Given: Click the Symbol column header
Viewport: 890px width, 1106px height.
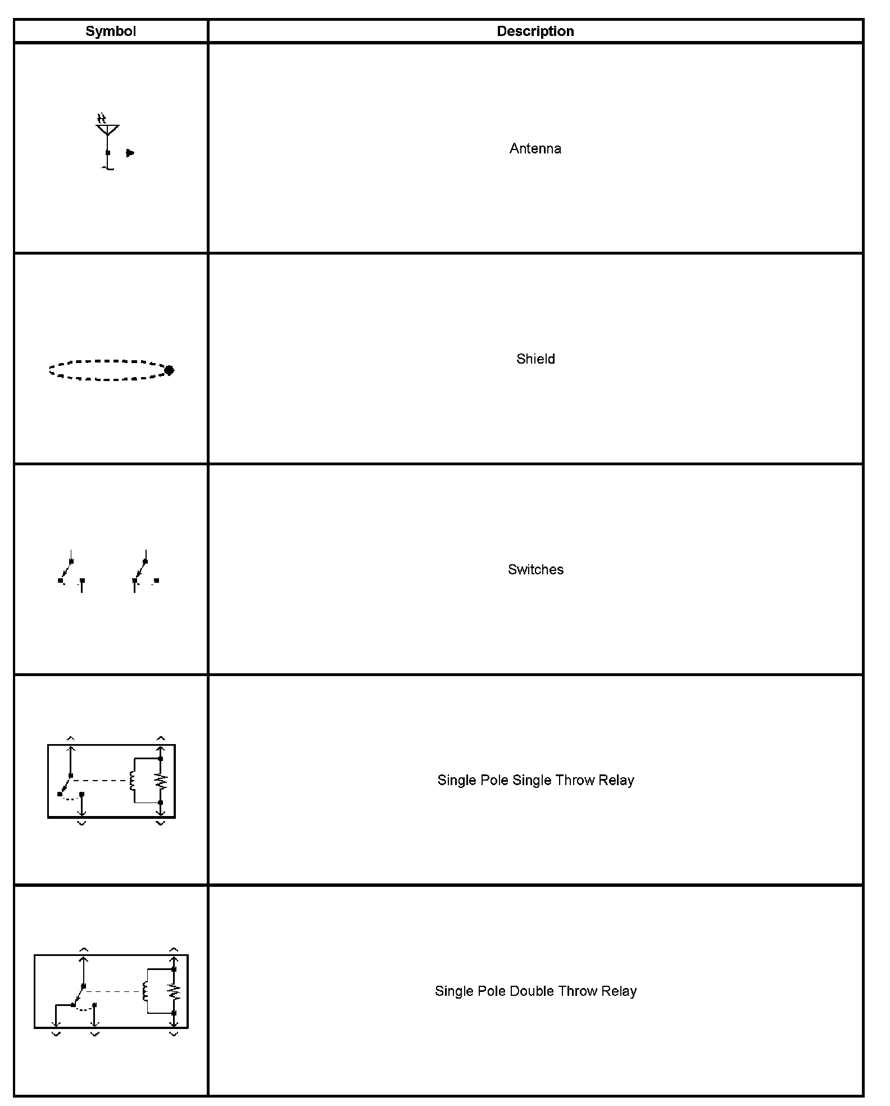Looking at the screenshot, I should (x=110, y=31).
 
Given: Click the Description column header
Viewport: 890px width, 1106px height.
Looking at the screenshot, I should (x=535, y=31).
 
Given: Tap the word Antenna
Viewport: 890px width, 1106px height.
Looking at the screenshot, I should (x=535, y=148).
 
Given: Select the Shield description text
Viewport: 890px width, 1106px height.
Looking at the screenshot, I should (x=535, y=359).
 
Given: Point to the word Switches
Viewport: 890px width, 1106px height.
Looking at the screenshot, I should (x=535, y=569).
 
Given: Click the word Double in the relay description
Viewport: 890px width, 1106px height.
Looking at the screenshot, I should (x=531, y=991).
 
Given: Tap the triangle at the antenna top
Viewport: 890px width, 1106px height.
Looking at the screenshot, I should (x=107, y=129).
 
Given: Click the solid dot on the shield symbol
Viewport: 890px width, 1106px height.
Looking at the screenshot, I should (x=169, y=370).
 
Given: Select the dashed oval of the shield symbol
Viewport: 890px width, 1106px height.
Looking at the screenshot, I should (x=107, y=370).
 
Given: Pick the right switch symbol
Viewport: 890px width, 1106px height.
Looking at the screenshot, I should (x=145, y=572).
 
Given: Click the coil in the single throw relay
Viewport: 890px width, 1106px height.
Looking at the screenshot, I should (x=133, y=780).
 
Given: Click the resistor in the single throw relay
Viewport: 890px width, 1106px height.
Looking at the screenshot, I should (x=161, y=780).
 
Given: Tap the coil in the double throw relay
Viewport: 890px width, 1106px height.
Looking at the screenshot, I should (x=146, y=991).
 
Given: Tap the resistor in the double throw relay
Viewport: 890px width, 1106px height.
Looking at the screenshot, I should (x=175, y=991).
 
